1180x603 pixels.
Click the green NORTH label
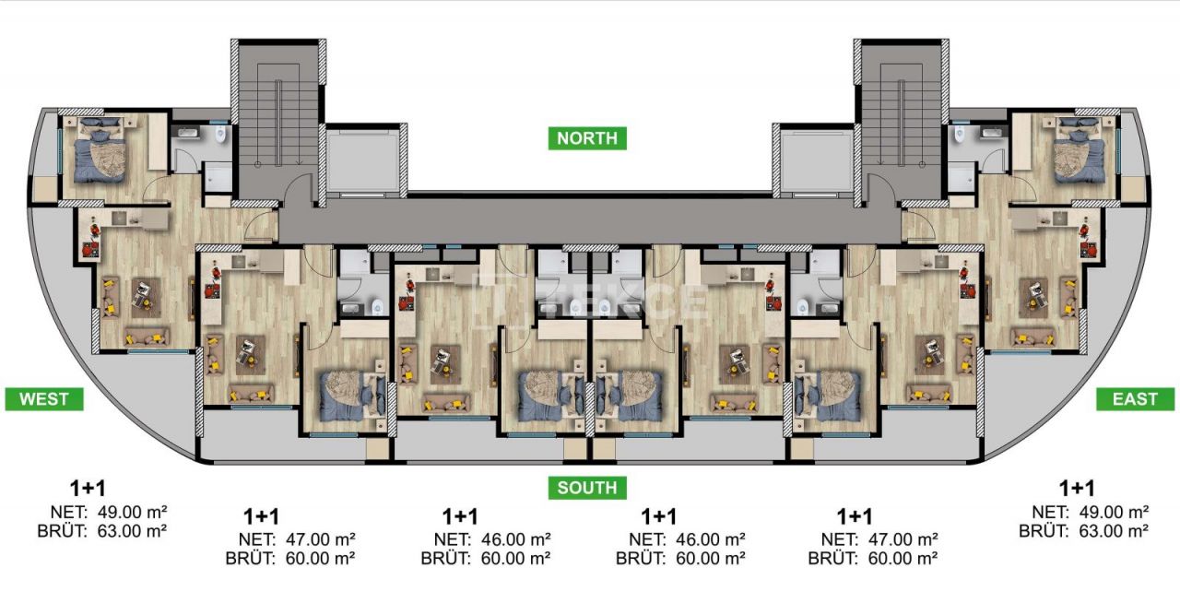pos(587,138)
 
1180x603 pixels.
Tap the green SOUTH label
pos(586,487)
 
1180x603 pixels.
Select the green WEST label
pos(43,398)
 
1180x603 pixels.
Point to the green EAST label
pos(1135,398)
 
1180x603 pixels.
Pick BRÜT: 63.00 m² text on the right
pos(1083,530)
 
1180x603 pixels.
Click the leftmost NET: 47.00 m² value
pos(298,539)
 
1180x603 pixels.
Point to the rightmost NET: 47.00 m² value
pos(879,539)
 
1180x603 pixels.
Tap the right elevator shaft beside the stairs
pos(811,160)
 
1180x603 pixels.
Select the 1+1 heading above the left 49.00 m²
pos(88,488)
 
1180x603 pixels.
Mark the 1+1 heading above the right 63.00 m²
pos(1077,488)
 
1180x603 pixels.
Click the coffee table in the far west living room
pos(144,294)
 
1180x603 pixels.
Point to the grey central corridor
pos(590,219)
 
